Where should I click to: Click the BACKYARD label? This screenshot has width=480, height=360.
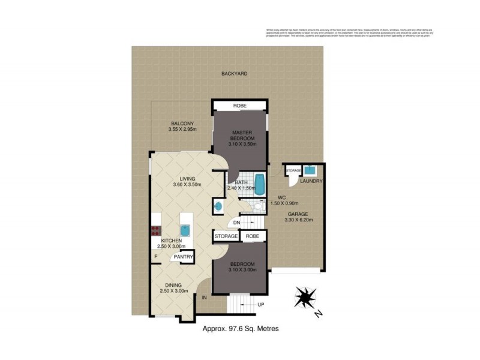tap(234, 73)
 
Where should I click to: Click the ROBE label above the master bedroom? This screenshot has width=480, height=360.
tap(240, 106)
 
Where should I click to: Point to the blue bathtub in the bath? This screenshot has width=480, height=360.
tap(259, 184)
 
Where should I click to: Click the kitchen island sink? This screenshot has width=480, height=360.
tap(185, 230)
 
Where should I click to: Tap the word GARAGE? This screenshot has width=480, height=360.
tap(296, 214)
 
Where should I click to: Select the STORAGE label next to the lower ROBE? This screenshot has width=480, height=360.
tap(226, 236)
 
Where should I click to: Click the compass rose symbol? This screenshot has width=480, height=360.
tap(307, 298)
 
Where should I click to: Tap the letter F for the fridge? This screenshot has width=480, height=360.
tap(155, 257)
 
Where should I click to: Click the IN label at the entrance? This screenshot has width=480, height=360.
tap(205, 298)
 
